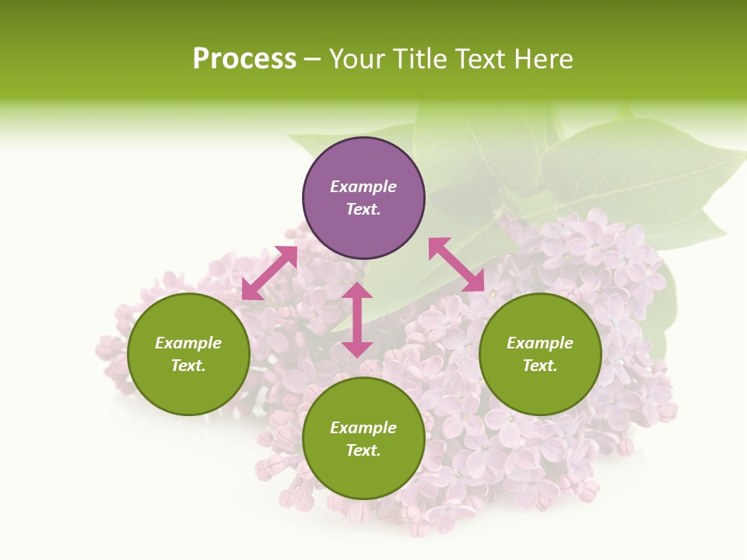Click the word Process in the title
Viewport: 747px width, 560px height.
[244, 59]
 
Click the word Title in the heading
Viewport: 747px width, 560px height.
[421, 59]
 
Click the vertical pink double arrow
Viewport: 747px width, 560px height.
[357, 320]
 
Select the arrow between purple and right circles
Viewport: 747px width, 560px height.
[456, 264]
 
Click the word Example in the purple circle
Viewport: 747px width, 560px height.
[363, 187]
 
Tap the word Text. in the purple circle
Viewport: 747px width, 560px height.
[363, 209]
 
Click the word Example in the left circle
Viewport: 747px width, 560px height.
[188, 343]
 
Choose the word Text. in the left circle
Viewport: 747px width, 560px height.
[188, 366]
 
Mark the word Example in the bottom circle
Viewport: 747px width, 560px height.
[363, 428]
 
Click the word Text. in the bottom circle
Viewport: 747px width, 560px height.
[363, 450]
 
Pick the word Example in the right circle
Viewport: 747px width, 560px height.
[540, 343]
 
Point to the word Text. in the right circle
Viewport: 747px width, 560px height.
[540, 366]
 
